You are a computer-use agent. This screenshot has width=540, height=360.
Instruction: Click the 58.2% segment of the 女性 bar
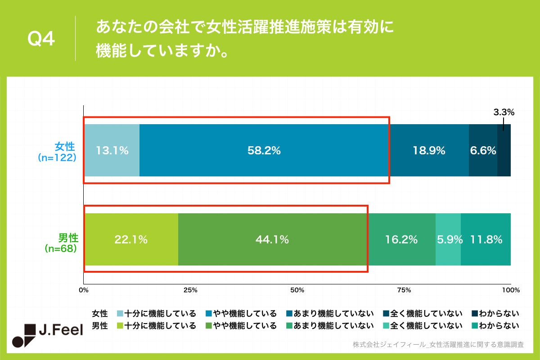click(x=264, y=151)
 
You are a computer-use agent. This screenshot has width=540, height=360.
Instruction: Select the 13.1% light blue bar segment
click(x=112, y=151)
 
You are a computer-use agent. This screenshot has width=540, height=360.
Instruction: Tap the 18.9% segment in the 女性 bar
click(x=429, y=151)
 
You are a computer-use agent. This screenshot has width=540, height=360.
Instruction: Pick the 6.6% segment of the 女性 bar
click(x=483, y=151)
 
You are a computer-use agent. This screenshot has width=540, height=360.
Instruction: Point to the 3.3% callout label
click(x=504, y=112)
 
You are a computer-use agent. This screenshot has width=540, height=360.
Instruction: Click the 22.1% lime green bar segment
click(x=131, y=240)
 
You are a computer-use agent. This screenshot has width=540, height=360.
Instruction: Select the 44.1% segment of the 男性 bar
click(x=272, y=240)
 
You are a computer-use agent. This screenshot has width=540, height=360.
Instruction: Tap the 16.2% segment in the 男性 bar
click(x=401, y=240)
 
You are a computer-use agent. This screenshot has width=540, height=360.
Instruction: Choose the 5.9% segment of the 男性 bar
click(x=448, y=240)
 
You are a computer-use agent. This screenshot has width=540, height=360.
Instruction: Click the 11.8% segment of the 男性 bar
click(x=486, y=240)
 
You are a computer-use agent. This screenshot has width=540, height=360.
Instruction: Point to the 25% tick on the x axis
click(x=190, y=290)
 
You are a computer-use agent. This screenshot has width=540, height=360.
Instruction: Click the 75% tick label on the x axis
click(x=404, y=290)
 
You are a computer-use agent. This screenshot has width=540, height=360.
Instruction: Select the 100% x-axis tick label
click(x=511, y=290)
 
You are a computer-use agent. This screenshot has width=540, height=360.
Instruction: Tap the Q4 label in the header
click(x=41, y=40)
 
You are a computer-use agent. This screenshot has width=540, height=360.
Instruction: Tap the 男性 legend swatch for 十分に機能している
click(x=120, y=325)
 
